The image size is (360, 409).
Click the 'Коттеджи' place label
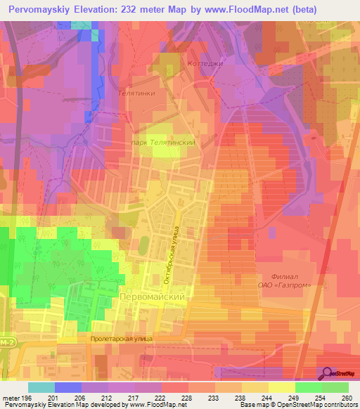204,63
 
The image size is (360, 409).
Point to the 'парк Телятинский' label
162,141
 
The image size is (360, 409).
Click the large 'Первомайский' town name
154,297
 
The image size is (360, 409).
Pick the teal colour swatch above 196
41,387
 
